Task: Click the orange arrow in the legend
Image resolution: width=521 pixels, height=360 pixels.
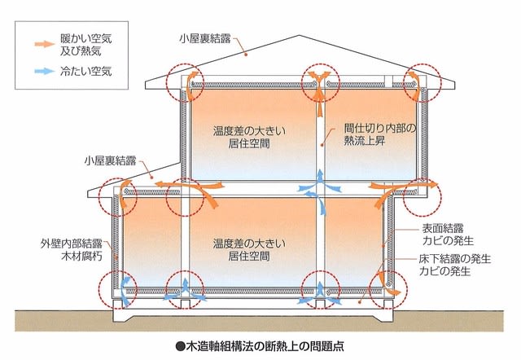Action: [x=44, y=43]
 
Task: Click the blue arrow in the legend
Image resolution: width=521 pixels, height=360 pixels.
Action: [x=44, y=71]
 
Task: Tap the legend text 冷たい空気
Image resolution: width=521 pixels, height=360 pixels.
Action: [x=86, y=71]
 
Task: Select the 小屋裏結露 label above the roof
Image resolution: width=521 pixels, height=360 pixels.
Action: [x=205, y=38]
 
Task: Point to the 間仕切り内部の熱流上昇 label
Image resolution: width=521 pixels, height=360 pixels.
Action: [x=380, y=134]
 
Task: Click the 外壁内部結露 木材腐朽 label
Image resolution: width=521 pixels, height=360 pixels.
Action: [x=72, y=250]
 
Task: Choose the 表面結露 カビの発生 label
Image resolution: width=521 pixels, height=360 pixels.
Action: [x=448, y=235]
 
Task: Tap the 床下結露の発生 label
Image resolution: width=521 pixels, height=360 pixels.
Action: [x=454, y=259]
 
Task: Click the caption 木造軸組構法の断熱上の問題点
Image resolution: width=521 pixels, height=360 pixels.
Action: [x=265, y=347]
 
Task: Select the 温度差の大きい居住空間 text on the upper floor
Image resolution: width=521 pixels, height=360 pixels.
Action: [x=249, y=137]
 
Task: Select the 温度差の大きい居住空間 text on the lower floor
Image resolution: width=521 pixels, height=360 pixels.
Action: [x=249, y=250]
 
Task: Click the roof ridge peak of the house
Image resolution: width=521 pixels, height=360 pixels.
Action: [x=300, y=35]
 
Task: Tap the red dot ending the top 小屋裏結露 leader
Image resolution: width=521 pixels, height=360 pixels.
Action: [x=246, y=55]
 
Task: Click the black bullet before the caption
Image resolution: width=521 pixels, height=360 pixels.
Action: [x=180, y=347]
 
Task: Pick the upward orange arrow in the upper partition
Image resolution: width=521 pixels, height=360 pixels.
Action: [x=320, y=105]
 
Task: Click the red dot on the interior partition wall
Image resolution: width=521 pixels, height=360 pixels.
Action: [x=322, y=145]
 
